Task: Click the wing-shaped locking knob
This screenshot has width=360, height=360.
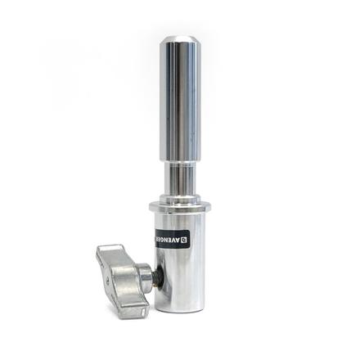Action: click(x=123, y=278)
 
